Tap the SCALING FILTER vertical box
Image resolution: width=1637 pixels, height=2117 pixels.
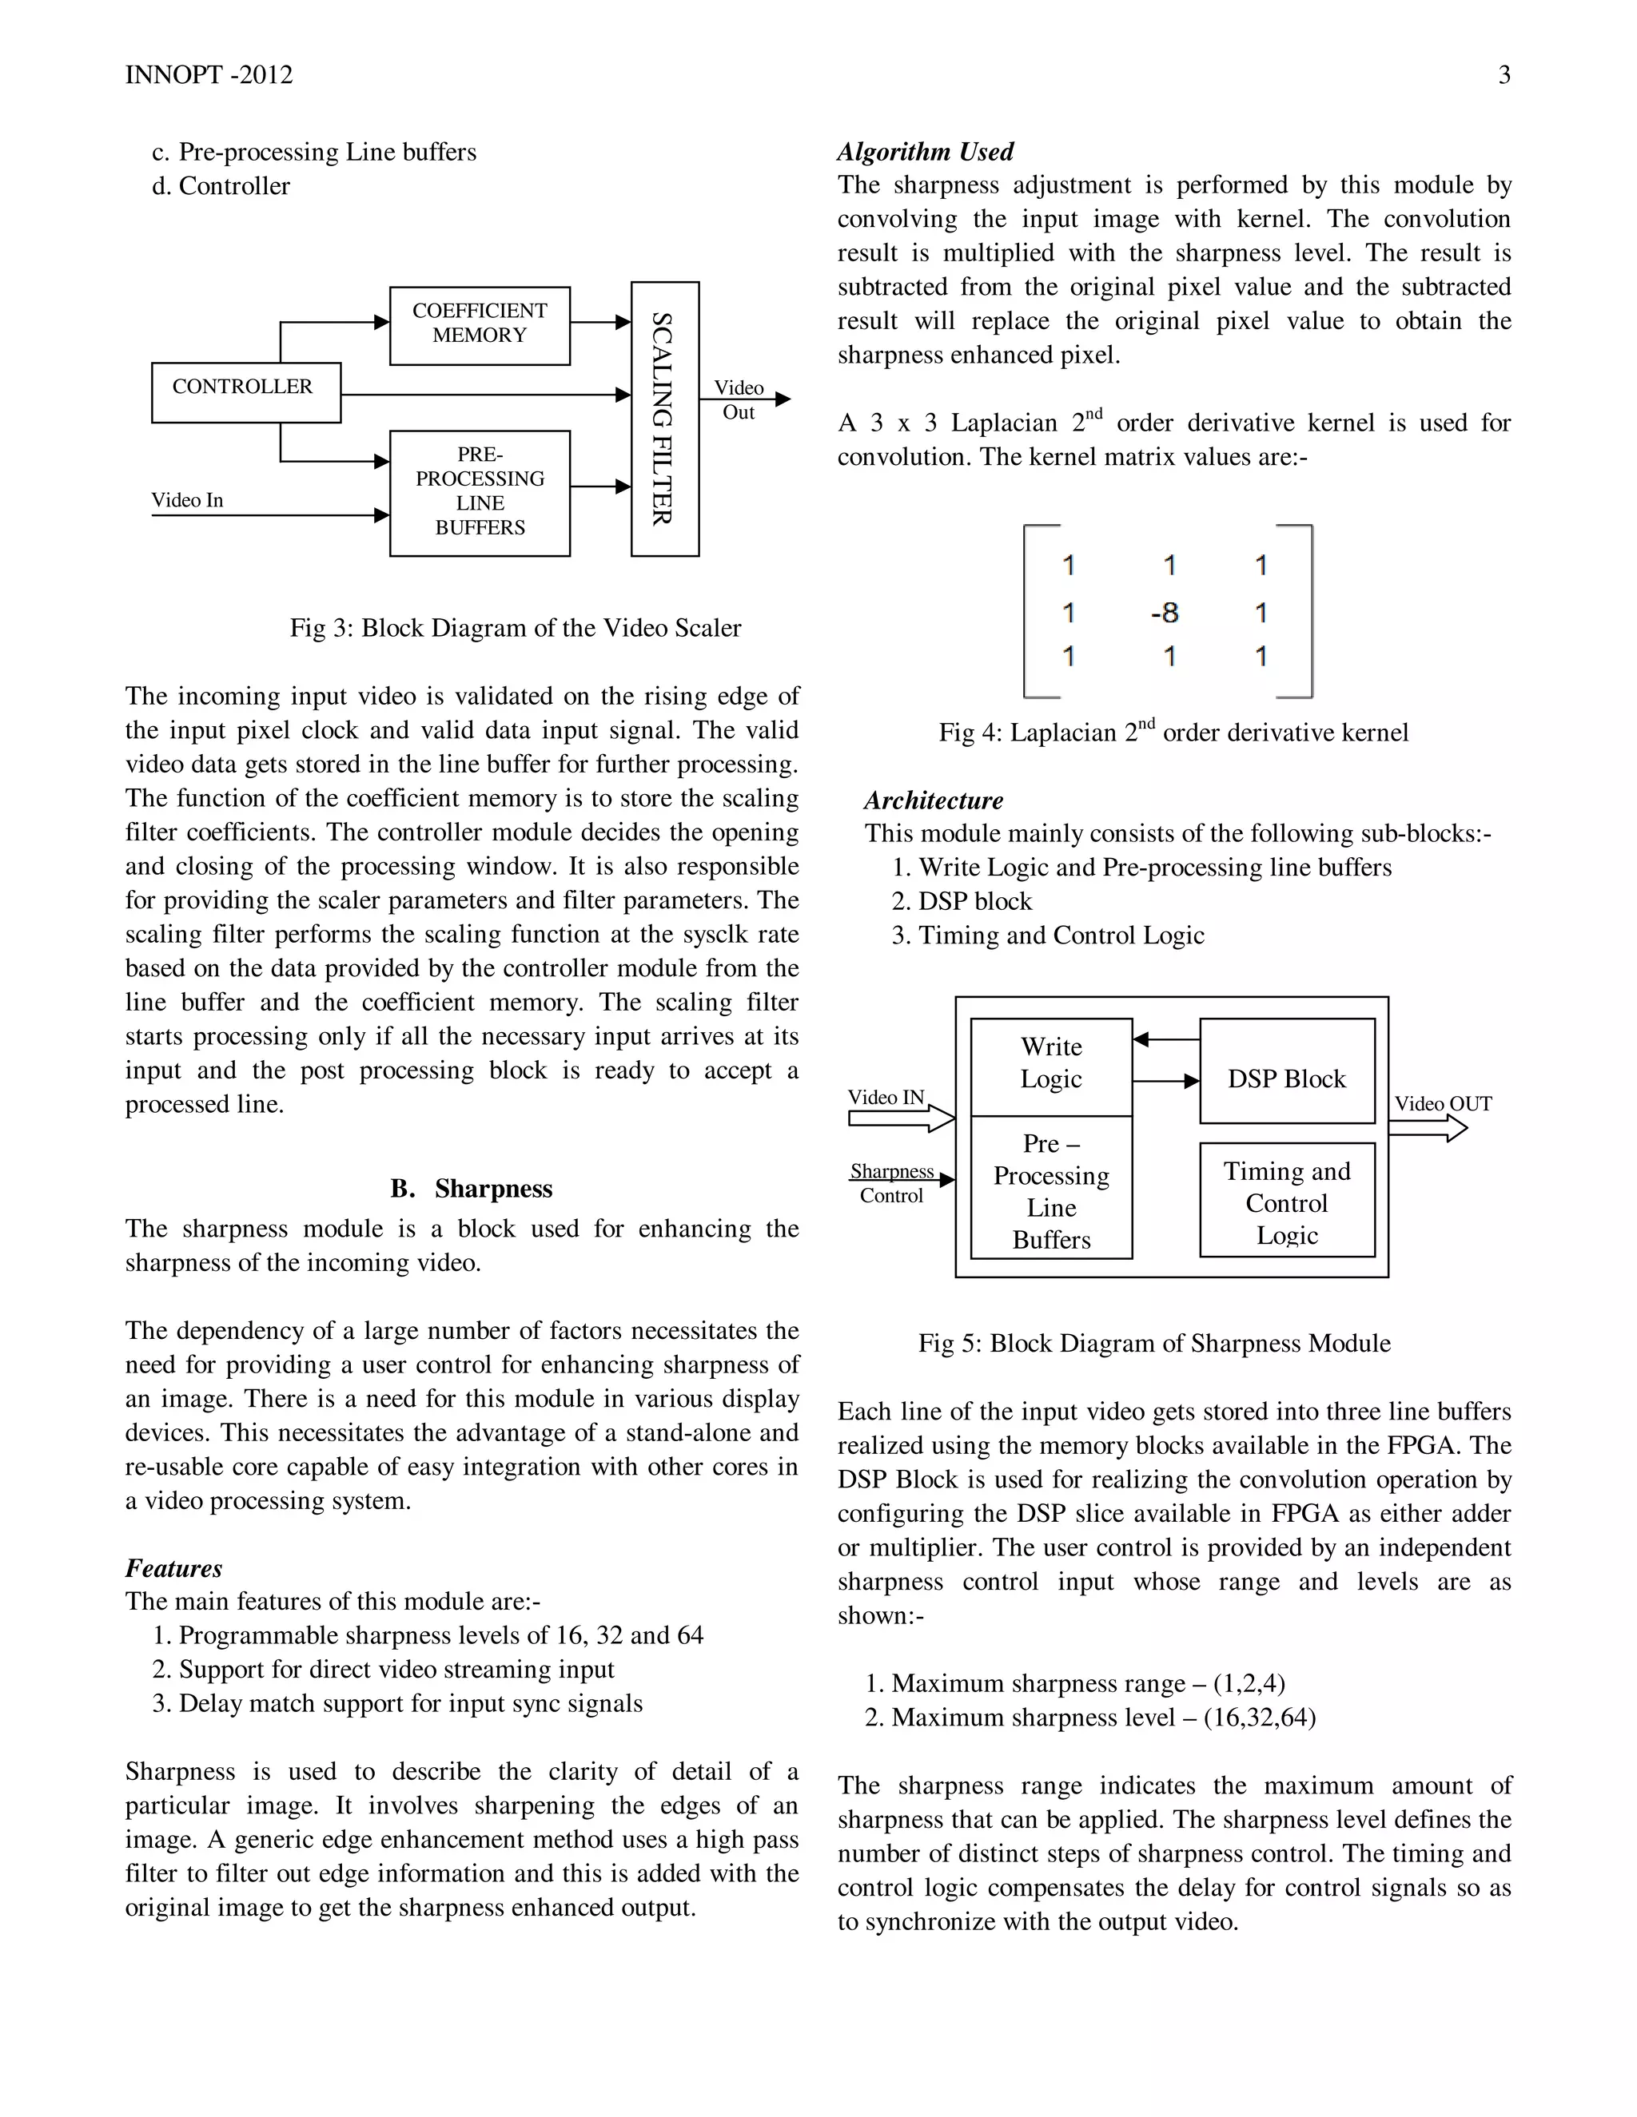point(664,418)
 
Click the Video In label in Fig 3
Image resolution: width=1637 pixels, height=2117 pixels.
point(187,500)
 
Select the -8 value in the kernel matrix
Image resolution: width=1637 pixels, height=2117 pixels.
point(1165,613)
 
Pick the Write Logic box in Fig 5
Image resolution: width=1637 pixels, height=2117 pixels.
point(1050,1064)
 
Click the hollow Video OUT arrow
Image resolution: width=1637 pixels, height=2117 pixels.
point(1427,1128)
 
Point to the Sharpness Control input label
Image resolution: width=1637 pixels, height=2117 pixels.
point(891,1182)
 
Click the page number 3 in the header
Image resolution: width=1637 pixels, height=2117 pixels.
point(1504,76)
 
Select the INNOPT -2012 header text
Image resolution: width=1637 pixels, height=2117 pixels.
point(209,76)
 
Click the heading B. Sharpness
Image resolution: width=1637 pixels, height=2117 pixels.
point(472,1189)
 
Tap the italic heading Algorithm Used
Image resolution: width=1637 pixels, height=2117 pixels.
point(925,152)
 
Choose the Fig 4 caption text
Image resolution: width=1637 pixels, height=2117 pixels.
point(1173,733)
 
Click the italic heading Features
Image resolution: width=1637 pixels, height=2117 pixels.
point(173,1568)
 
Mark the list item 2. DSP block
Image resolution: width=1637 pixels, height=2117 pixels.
point(962,901)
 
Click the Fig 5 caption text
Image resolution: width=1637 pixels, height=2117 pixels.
point(1154,1344)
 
